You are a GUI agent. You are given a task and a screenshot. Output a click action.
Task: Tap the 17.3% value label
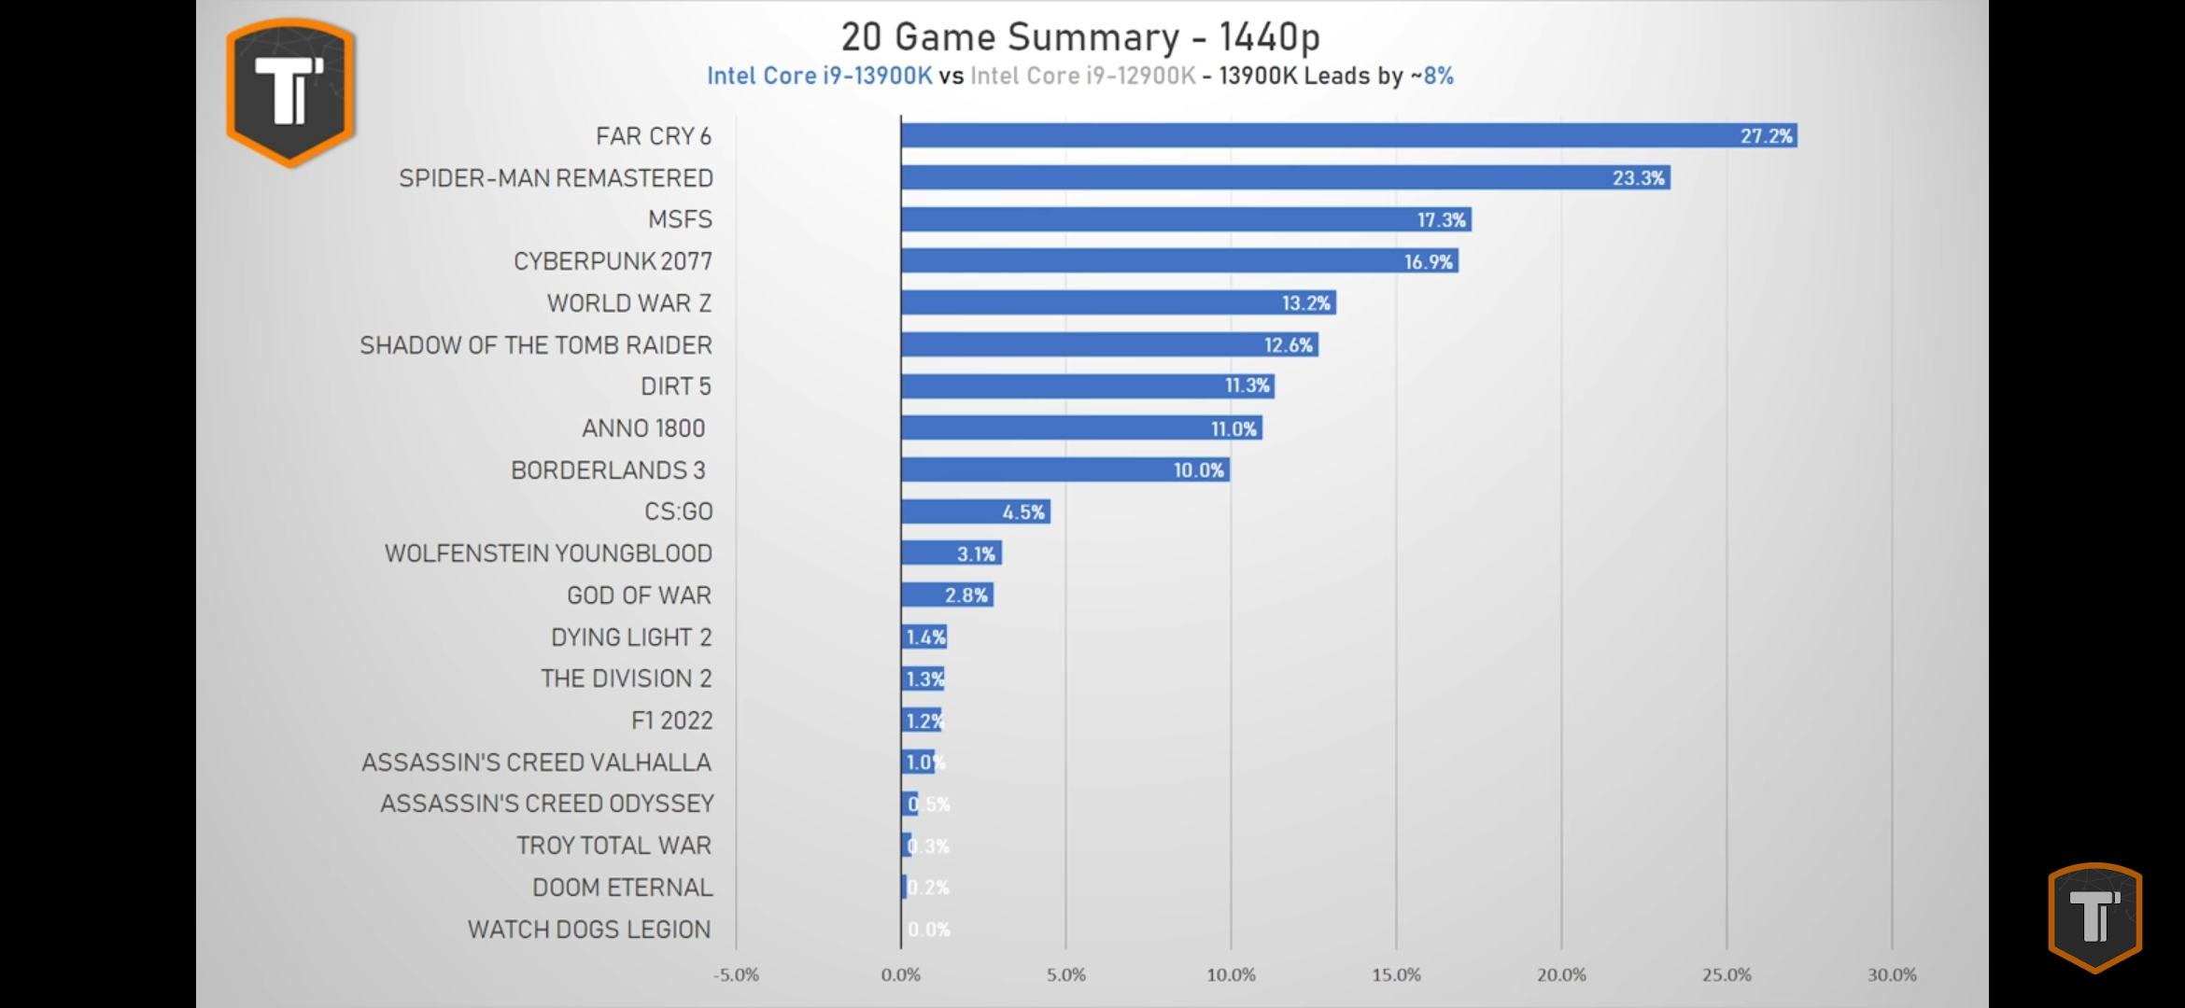pyautogui.click(x=1442, y=220)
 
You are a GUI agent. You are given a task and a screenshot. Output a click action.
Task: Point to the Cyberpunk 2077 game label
pyautogui.click(x=613, y=261)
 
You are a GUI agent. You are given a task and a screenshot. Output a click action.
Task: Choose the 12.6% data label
pyautogui.click(x=1288, y=345)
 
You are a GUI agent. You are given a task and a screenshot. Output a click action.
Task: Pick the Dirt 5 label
pyautogui.click(x=675, y=386)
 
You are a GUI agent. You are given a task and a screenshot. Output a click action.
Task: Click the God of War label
pyautogui.click(x=639, y=595)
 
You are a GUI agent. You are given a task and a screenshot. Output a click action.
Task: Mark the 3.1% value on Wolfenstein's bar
pyautogui.click(x=976, y=554)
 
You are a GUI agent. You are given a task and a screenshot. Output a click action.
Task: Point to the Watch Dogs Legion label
pyautogui.click(x=589, y=930)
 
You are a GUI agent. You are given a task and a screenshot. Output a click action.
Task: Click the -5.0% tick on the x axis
pyautogui.click(x=736, y=975)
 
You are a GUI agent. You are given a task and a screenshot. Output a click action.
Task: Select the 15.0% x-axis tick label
pyautogui.click(x=1396, y=975)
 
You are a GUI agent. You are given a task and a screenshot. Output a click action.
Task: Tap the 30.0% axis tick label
pyautogui.click(x=1892, y=975)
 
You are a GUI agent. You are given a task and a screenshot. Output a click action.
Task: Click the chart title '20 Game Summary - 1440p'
pyautogui.click(x=1080, y=37)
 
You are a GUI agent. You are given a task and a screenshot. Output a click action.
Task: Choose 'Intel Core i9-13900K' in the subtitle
pyautogui.click(x=819, y=76)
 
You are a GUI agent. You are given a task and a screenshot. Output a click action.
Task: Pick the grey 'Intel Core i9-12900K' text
pyautogui.click(x=1082, y=76)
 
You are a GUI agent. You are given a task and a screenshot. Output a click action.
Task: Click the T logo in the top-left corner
pyautogui.click(x=290, y=91)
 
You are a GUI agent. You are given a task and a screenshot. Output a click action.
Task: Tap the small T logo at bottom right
pyautogui.click(x=2094, y=917)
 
